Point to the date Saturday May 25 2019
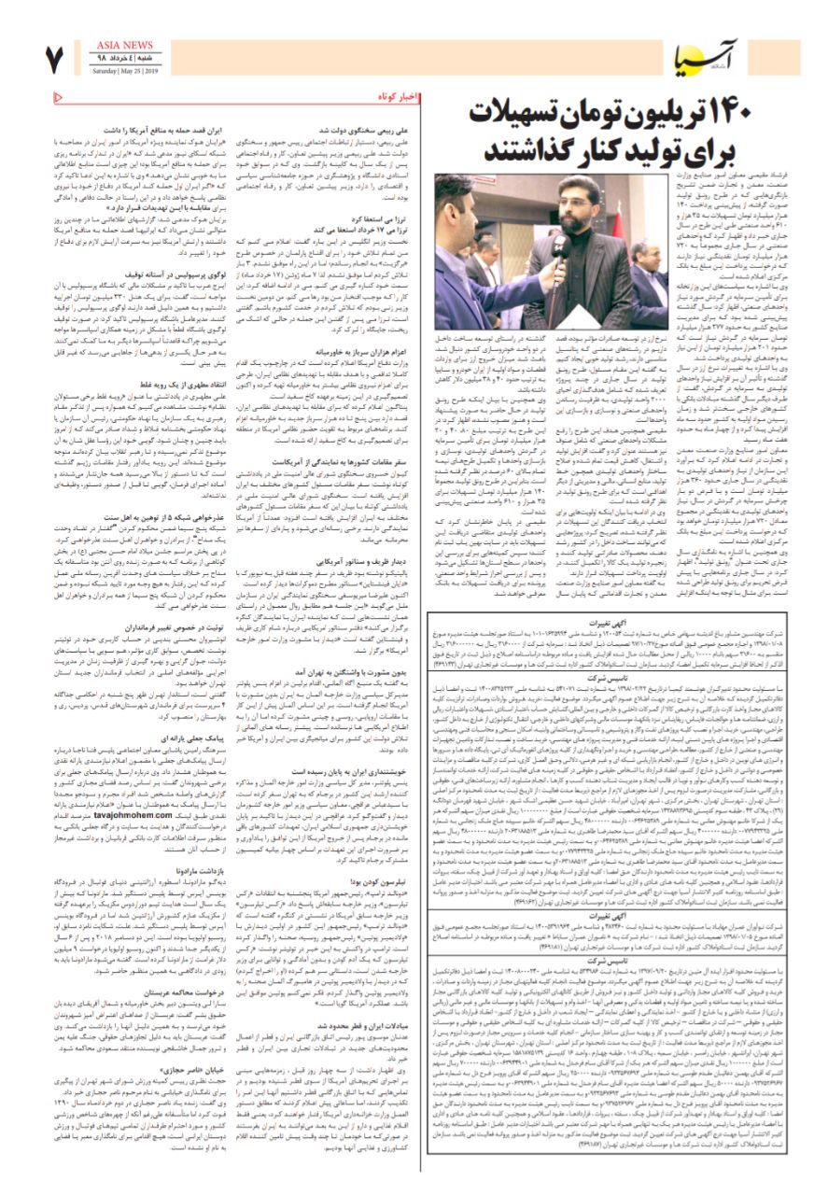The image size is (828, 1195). [125, 69]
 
